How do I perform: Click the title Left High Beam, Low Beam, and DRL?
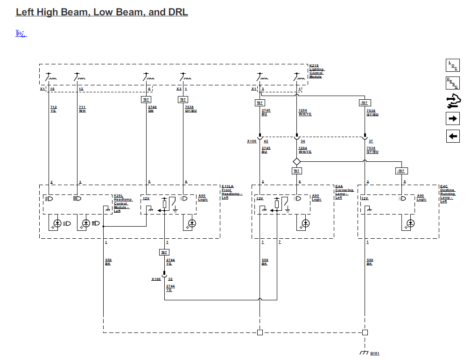tap(102, 13)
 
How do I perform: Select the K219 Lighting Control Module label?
tap(316, 71)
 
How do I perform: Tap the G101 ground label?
tap(375, 353)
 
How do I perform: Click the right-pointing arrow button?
tap(453, 118)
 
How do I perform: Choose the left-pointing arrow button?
tap(453, 136)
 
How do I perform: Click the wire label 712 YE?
tap(53, 109)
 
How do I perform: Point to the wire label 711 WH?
tap(82, 109)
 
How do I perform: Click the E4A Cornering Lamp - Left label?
tap(344, 192)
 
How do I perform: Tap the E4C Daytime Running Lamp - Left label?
tap(448, 194)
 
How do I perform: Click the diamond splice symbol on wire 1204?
tap(296, 162)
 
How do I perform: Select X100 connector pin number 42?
tap(266, 141)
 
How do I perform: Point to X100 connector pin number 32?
tap(170, 279)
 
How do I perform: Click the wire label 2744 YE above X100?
tap(170, 262)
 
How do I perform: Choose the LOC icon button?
tap(453, 66)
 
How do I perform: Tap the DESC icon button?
tap(453, 83)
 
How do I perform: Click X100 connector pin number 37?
tap(371, 141)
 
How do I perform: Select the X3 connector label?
tap(179, 89)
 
